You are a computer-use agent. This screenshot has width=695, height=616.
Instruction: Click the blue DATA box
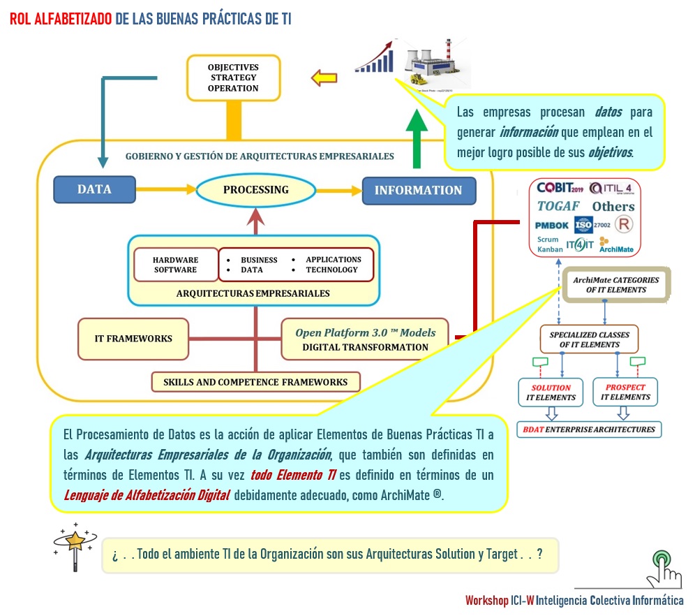coord(94,189)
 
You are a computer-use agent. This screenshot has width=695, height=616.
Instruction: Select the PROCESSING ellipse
coord(255,190)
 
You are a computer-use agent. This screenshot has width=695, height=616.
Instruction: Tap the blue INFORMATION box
coord(418,190)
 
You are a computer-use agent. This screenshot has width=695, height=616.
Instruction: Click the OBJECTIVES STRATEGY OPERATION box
coord(232,78)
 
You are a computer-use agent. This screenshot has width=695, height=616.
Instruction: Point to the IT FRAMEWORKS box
coord(133,339)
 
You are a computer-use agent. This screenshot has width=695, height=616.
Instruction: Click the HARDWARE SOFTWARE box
coord(175,265)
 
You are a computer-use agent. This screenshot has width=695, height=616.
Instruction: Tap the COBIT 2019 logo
coord(560,188)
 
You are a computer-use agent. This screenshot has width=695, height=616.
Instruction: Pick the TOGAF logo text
coord(559,206)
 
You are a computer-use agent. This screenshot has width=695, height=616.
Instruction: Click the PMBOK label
coord(551,226)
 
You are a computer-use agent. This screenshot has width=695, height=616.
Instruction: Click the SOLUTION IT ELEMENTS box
coord(551,393)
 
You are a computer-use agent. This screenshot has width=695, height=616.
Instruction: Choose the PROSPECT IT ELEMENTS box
coord(625,393)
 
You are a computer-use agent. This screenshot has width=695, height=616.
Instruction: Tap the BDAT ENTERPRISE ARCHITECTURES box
coord(589,429)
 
